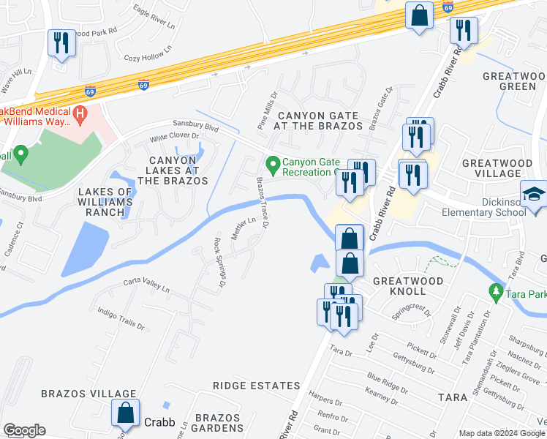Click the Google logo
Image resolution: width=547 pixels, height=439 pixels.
coord(24,430)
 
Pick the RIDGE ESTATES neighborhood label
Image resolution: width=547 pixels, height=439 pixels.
coord(256,386)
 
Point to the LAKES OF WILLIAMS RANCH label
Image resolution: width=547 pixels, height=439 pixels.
coord(105,202)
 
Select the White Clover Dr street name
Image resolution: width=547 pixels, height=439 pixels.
coord(175,136)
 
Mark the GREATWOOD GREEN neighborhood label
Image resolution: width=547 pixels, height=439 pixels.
coord(513,81)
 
